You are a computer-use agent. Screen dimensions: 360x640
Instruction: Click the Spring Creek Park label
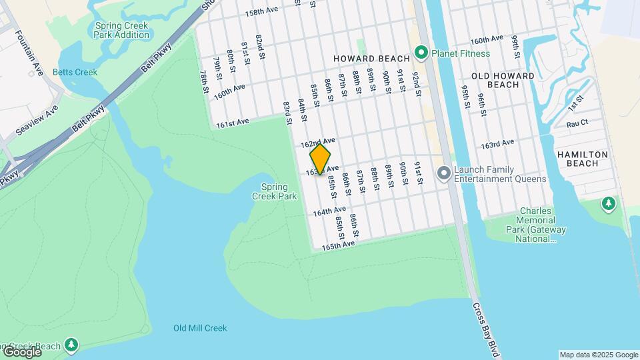tap(274, 191)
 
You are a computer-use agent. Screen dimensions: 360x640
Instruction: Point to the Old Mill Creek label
tap(200, 328)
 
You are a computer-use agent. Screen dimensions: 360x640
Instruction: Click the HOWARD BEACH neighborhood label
tap(367, 59)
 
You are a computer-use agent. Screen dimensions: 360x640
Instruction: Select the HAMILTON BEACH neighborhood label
tap(582, 159)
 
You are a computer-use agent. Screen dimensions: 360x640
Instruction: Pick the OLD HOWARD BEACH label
tap(503, 80)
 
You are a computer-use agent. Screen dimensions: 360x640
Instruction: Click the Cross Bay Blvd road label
tap(485, 329)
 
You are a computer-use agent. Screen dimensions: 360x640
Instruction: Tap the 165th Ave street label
tap(338, 245)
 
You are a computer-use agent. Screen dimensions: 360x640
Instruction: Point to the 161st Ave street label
tap(232, 122)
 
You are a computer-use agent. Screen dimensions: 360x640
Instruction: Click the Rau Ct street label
tap(577, 123)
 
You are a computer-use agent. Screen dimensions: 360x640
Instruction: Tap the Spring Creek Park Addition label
tap(122, 30)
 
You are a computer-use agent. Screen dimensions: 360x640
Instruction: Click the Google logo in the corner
tap(22, 351)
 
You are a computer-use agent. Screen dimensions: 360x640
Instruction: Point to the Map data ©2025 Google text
tap(598, 355)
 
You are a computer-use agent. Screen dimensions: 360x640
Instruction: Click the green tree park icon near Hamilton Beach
tap(608, 203)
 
